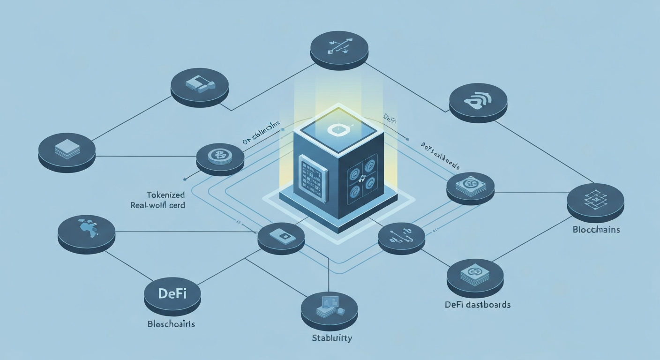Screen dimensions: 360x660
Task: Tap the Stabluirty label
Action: pos(332,337)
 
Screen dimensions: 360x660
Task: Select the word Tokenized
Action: pos(165,195)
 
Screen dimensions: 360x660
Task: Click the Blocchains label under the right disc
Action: pos(596,230)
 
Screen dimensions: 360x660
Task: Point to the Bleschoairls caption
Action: pos(171,324)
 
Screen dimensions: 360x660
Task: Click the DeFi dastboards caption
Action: pos(477,305)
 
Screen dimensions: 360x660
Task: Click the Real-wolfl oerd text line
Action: pos(157,205)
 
